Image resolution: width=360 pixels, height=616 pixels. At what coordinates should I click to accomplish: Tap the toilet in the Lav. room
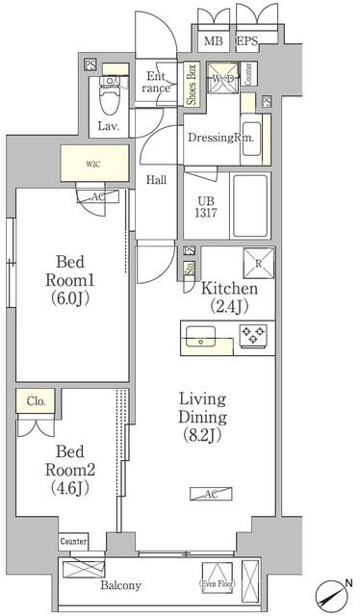[x=112, y=92]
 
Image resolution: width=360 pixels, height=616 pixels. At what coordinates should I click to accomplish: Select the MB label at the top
[x=213, y=41]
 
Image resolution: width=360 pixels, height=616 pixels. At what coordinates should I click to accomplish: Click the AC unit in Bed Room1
[x=97, y=196]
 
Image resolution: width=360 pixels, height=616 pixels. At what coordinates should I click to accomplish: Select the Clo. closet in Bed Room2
[x=36, y=401]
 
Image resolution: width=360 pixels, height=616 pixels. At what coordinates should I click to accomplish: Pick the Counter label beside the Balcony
[x=74, y=542]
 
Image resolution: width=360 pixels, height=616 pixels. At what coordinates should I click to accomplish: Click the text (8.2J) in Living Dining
[x=200, y=436]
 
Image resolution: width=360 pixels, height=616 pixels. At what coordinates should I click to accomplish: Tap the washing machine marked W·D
[x=222, y=79]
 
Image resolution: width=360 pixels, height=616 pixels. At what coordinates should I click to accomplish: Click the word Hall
[x=158, y=179]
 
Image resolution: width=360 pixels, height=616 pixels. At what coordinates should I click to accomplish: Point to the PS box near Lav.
[x=90, y=66]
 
